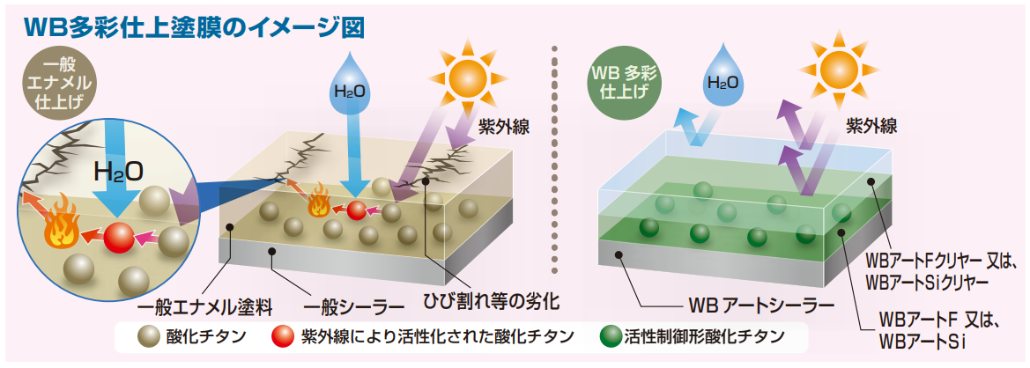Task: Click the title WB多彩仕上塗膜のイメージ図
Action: click(x=194, y=26)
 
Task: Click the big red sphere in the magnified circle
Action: click(x=119, y=238)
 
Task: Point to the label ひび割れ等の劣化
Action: click(x=492, y=300)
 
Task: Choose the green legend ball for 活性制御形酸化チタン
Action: click(x=609, y=336)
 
